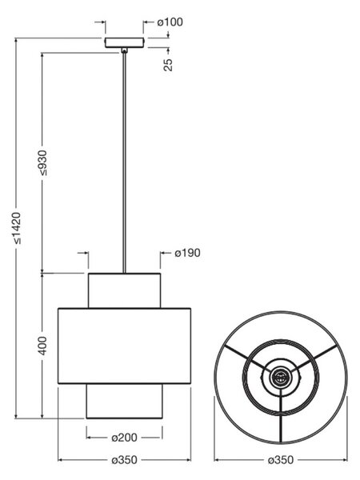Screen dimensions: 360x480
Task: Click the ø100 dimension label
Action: pyautogui.click(x=170, y=22)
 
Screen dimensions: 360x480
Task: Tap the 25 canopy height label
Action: pyautogui.click(x=168, y=64)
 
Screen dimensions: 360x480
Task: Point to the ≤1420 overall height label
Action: pyautogui.click(x=16, y=228)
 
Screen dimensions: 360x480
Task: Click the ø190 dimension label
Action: pyautogui.click(x=188, y=253)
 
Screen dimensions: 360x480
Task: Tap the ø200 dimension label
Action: pyautogui.click(x=124, y=438)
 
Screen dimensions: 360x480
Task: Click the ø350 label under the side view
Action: pyautogui.click(x=124, y=460)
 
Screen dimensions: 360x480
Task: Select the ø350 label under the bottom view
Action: pyautogui.click(x=281, y=460)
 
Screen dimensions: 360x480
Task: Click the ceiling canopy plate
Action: pyautogui.click(x=124, y=42)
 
